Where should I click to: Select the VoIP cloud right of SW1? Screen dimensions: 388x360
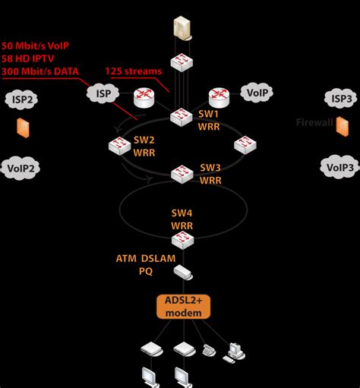(x=256, y=93)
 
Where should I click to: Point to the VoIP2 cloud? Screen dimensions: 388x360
(x=22, y=169)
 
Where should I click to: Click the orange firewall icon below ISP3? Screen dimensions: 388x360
(x=343, y=126)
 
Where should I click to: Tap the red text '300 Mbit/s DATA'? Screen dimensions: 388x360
(x=42, y=71)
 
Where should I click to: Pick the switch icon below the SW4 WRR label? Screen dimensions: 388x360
(x=180, y=241)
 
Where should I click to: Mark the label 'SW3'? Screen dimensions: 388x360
(x=210, y=167)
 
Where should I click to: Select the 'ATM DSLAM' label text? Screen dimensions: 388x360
(x=146, y=259)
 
